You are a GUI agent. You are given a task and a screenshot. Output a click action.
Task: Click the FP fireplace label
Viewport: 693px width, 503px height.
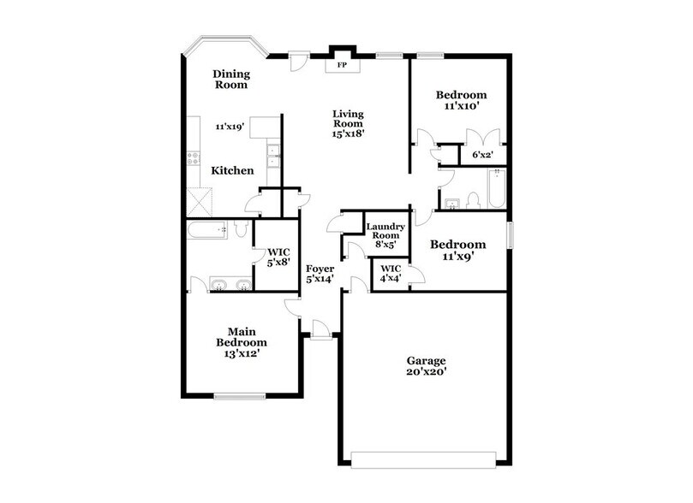tap(342, 65)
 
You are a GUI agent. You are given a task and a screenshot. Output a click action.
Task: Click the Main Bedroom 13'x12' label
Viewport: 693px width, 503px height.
tap(242, 342)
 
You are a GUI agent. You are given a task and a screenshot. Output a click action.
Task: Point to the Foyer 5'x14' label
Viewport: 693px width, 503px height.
tap(320, 274)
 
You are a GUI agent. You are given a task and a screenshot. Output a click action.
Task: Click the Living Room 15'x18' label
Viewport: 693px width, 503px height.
tap(349, 124)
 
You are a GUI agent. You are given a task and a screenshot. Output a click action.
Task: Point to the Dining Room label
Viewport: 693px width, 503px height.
tap(230, 80)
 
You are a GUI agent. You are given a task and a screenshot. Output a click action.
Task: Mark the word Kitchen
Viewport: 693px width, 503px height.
tap(233, 171)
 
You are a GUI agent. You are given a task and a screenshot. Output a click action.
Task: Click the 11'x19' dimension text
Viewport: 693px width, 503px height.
tap(230, 126)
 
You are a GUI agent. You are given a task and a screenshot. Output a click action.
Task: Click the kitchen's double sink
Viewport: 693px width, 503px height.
tap(274, 156)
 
